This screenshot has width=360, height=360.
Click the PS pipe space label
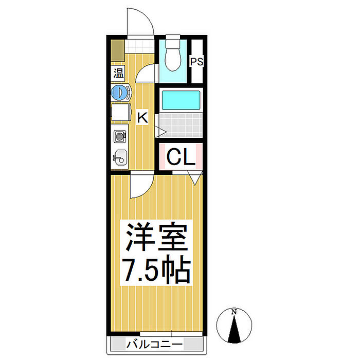point(197,62)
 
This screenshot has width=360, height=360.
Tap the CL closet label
point(181,157)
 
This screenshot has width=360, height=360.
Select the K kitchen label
point(142,117)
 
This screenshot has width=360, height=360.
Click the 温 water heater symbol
point(118,73)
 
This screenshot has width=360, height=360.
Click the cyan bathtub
point(181,100)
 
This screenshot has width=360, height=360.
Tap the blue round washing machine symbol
point(119,93)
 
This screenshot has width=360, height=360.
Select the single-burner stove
point(120,136)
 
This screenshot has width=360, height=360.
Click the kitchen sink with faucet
point(120,157)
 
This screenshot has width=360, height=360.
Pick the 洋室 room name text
point(156,237)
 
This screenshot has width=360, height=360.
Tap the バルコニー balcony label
point(154,345)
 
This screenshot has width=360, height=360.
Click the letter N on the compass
point(234,312)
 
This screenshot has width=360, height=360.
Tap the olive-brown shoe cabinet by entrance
point(118,50)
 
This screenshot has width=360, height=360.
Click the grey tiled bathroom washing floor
point(181,125)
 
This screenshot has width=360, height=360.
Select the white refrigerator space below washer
point(121,112)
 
